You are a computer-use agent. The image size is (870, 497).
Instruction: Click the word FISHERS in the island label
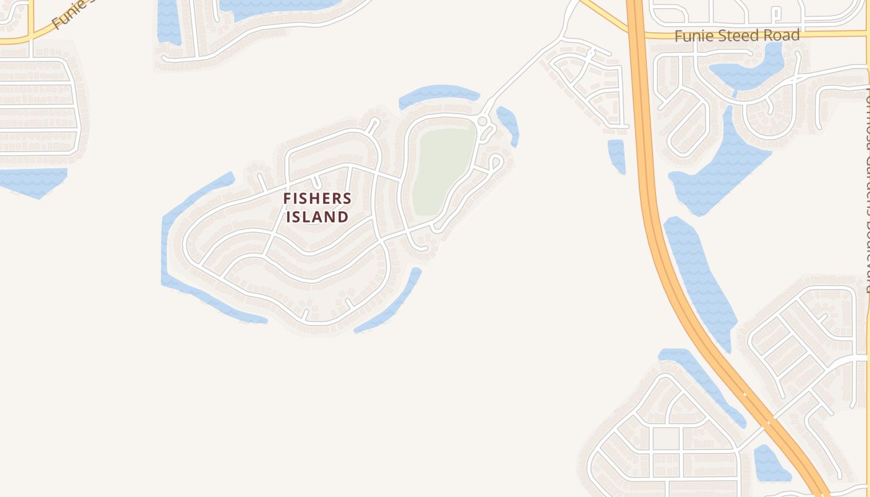[326, 199]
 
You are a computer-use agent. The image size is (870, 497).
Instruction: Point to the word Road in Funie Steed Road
[781, 35]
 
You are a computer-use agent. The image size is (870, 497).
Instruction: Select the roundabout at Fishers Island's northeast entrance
[482, 121]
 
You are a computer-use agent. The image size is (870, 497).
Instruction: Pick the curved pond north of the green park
[439, 94]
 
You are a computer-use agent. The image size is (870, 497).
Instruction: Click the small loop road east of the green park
[495, 163]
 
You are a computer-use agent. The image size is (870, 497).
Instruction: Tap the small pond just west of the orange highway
[633, 155]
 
